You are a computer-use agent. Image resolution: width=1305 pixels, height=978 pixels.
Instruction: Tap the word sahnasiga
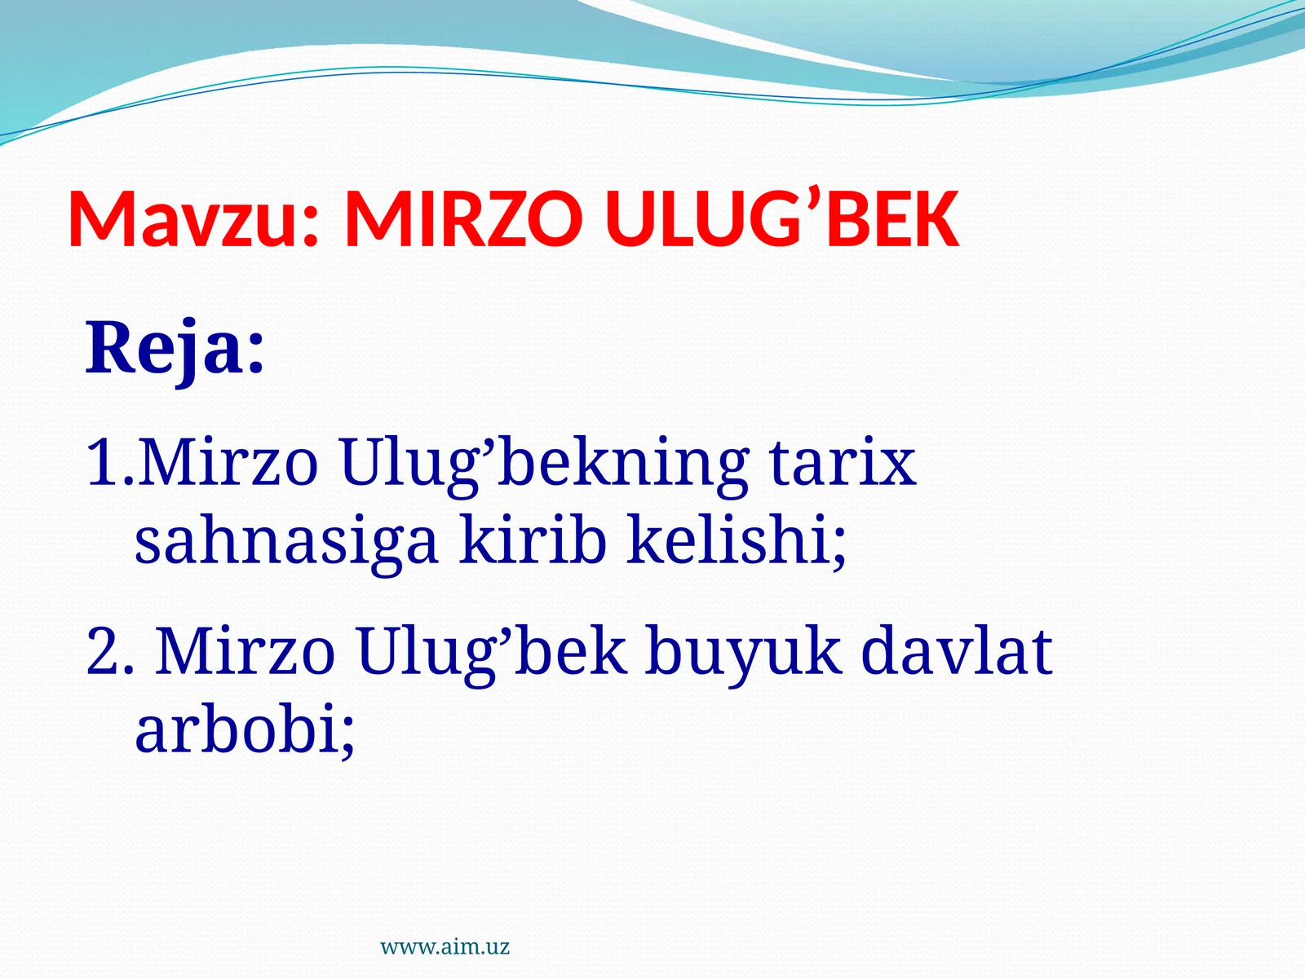click(x=286, y=542)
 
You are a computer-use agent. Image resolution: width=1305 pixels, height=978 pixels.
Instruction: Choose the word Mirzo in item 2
click(x=245, y=652)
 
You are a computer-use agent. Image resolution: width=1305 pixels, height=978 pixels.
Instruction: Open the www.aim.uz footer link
click(x=445, y=947)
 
